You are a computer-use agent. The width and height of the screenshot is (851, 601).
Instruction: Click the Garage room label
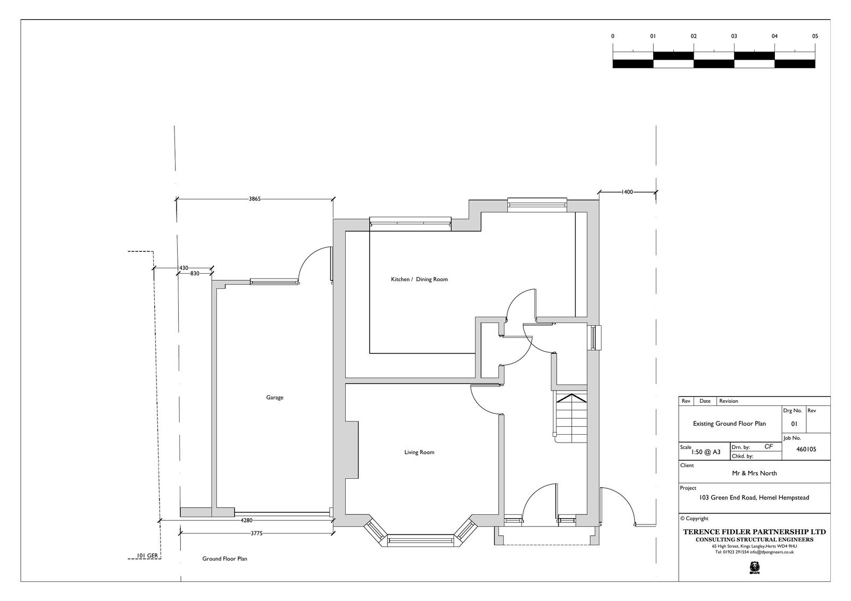coord(274,397)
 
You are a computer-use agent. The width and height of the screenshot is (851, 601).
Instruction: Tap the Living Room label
coord(419,452)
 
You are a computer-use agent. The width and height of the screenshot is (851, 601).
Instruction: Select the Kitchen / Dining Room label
coord(419,280)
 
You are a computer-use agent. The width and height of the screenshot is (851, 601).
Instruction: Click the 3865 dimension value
coord(255,199)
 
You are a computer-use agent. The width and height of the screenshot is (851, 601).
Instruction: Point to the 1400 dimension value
coord(627,192)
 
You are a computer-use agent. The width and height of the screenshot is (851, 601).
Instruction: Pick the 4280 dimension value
coord(247,521)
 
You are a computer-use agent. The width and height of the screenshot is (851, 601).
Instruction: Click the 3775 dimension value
coord(256,534)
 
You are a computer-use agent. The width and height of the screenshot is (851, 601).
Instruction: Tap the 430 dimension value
coord(183,268)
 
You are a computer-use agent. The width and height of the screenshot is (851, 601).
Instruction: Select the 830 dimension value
coord(195,273)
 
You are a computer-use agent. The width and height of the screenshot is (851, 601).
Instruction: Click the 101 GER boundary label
coord(147,556)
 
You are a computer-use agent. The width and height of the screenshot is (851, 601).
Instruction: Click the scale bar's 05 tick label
coord(815,37)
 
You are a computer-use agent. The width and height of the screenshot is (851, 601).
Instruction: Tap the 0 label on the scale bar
coord(612,37)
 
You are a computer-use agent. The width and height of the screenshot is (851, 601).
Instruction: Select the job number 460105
coord(806,449)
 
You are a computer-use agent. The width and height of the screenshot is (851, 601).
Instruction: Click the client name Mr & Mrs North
coord(754,473)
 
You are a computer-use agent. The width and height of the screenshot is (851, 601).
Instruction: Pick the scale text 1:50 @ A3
coord(706,452)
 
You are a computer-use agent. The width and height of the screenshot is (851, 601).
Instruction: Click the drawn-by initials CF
coord(768,446)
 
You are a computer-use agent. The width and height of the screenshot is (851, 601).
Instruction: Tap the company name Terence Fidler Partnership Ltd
coord(755,532)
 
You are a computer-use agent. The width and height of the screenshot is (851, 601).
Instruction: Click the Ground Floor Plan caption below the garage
coord(224,558)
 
